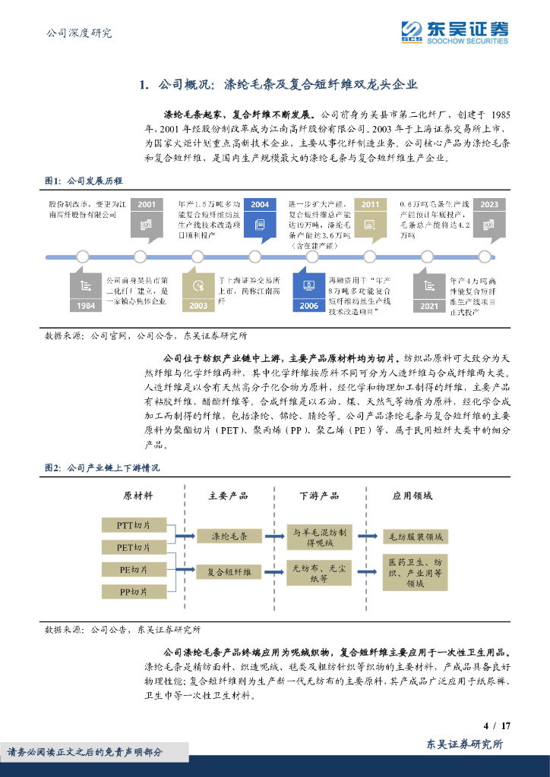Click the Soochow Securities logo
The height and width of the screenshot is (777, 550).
(x=454, y=32)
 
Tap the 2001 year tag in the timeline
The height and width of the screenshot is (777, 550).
(x=147, y=204)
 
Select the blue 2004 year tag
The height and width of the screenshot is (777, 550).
(x=260, y=204)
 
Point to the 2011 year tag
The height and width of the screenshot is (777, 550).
(x=370, y=204)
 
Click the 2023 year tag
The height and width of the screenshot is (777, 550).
(x=489, y=204)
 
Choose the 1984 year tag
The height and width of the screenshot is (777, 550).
(x=86, y=305)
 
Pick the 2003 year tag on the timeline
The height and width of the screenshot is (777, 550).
(x=198, y=305)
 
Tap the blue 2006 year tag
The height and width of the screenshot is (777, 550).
(x=309, y=305)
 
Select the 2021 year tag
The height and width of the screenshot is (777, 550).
(x=429, y=305)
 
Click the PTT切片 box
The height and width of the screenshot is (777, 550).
(x=133, y=525)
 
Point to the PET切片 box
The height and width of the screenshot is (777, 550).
(x=133, y=547)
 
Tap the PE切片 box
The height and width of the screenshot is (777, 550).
(x=133, y=569)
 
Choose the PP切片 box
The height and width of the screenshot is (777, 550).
(x=133, y=591)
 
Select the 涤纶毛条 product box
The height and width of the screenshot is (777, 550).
(x=229, y=536)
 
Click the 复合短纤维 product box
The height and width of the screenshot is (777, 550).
(x=229, y=573)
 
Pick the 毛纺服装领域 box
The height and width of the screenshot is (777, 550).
(x=415, y=537)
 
